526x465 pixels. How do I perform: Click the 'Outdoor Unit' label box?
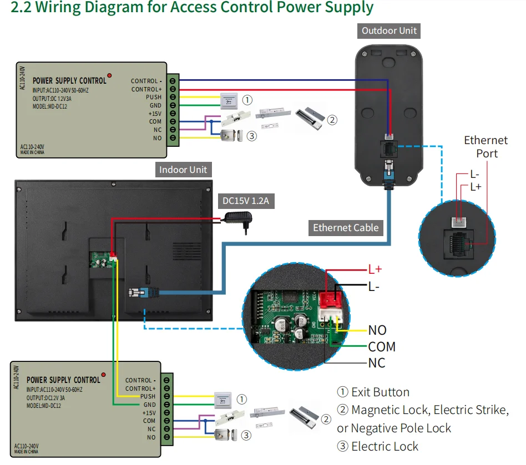(x=389, y=30)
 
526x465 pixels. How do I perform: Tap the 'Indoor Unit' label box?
(x=183, y=170)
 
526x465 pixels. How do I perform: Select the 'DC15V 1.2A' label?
(x=245, y=201)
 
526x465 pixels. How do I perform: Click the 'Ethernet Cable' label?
(x=346, y=227)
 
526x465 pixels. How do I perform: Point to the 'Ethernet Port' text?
(x=486, y=147)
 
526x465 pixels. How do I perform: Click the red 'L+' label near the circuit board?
(x=376, y=270)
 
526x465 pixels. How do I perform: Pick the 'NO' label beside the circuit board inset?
(x=377, y=330)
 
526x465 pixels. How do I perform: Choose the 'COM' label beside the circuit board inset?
(x=382, y=347)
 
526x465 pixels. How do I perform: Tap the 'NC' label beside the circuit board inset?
(x=377, y=364)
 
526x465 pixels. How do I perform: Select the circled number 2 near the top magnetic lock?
(x=332, y=119)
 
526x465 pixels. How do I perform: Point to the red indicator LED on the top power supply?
(x=110, y=75)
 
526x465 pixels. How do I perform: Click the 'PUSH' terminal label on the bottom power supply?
(x=148, y=396)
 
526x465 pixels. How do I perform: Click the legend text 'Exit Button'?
(x=380, y=392)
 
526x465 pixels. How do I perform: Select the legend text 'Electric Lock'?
(x=385, y=446)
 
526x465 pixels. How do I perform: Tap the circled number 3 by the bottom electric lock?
(x=246, y=435)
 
